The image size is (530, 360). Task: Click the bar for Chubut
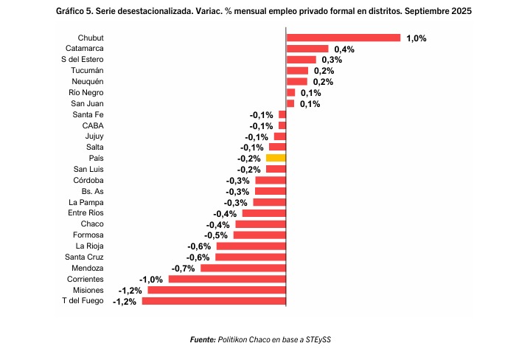[x=343, y=38]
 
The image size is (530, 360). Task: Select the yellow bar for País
[x=276, y=158]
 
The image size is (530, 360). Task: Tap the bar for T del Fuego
[x=214, y=301]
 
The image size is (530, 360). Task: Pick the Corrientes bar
[x=227, y=279]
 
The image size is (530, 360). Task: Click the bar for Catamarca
[x=307, y=49]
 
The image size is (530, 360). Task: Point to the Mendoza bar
[x=243, y=268]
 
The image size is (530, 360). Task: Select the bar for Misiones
[x=217, y=290]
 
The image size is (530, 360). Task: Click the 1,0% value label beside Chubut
[x=416, y=38]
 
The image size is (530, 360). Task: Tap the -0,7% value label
[x=182, y=268]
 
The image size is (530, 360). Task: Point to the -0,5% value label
[x=215, y=235]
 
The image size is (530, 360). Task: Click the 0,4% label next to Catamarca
[x=344, y=49]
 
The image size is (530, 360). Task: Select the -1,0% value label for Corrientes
[x=151, y=280]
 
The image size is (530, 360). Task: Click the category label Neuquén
[x=88, y=81]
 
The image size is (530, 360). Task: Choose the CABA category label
[x=93, y=125]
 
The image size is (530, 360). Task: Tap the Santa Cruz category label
[x=84, y=257]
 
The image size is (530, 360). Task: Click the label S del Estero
[x=83, y=59]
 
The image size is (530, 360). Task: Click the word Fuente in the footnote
[x=203, y=339]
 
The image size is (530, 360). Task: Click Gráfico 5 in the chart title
[x=76, y=12]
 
